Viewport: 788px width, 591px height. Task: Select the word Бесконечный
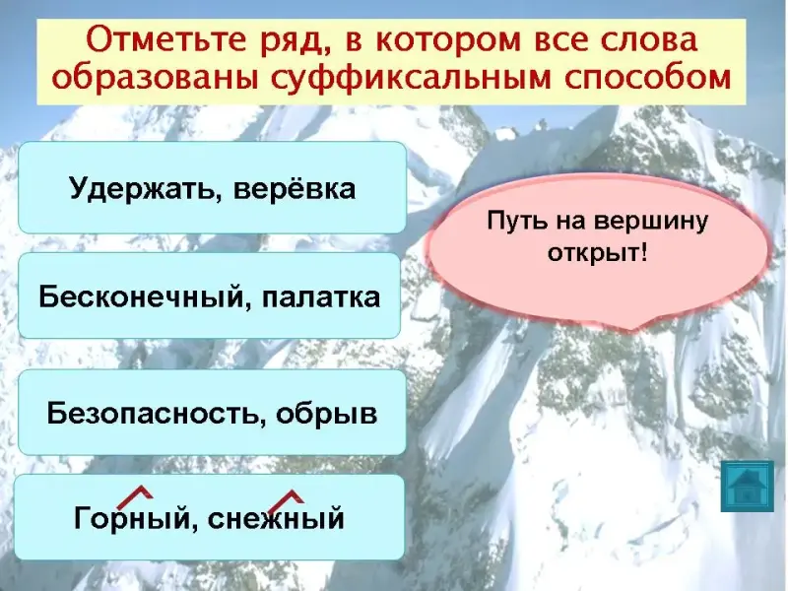tap(144, 296)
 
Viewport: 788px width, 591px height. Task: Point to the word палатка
tap(321, 297)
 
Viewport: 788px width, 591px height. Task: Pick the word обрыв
tap(326, 414)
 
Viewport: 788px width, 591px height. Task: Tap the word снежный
tap(276, 519)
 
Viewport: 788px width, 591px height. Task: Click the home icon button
tap(747, 487)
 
